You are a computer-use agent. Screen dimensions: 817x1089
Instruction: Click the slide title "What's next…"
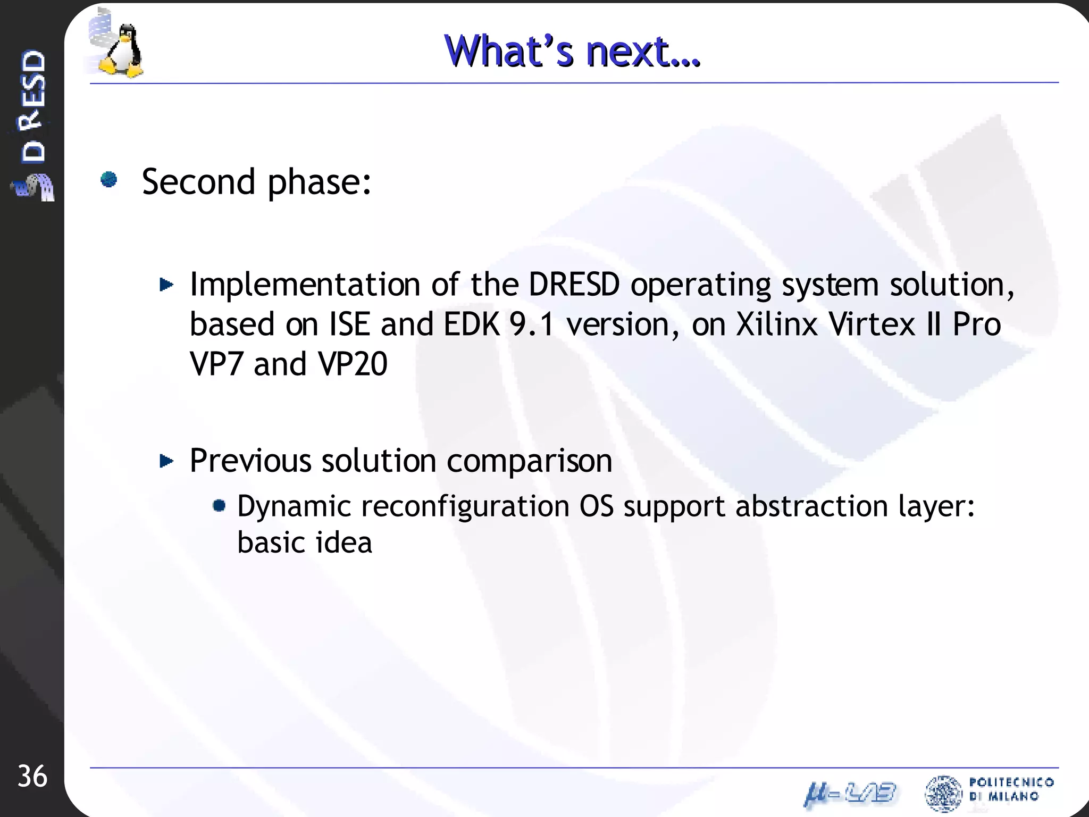click(573, 52)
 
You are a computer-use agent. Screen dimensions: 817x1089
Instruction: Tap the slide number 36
click(32, 777)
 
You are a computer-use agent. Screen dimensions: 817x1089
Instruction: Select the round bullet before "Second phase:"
click(109, 180)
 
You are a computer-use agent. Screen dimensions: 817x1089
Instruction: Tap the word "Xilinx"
click(777, 324)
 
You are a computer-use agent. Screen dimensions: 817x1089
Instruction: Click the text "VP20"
click(353, 364)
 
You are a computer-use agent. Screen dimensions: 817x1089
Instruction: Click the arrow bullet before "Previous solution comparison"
click(166, 461)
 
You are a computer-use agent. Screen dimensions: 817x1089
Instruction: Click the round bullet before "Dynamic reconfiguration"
click(219, 505)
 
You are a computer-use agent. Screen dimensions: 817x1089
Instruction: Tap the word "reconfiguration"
click(465, 506)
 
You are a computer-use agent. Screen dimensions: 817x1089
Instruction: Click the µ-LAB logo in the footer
click(850, 795)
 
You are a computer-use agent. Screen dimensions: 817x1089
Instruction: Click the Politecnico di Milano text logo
click(1010, 789)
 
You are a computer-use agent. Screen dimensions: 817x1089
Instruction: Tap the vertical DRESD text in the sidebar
click(33, 106)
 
